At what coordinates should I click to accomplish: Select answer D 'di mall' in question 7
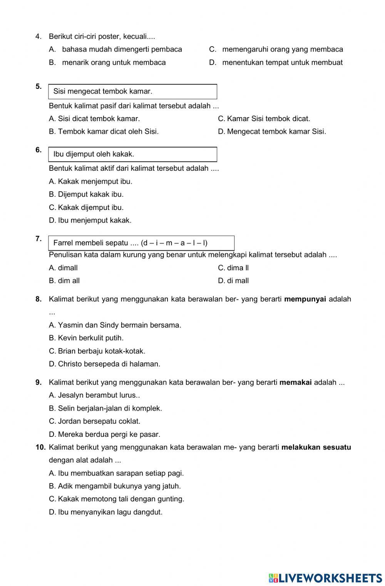click(x=233, y=281)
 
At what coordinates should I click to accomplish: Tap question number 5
click(x=38, y=87)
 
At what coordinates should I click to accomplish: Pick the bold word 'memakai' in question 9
click(x=295, y=383)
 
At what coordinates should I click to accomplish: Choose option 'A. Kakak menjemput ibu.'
click(x=90, y=181)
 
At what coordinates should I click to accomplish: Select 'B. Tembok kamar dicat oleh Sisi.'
click(x=104, y=132)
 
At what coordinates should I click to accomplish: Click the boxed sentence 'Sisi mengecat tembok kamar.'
click(x=103, y=92)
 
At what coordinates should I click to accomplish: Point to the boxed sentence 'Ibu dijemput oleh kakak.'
click(x=94, y=154)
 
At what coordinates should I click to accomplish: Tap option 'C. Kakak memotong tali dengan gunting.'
click(x=117, y=499)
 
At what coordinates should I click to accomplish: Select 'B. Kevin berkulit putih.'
click(x=86, y=338)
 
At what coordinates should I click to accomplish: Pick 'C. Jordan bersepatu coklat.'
click(x=95, y=421)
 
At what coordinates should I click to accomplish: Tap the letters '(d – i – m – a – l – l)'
click(x=174, y=243)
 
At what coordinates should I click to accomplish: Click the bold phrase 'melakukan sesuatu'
click(x=316, y=447)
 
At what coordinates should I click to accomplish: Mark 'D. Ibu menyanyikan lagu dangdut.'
click(x=105, y=512)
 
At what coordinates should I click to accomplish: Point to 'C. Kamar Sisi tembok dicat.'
click(x=264, y=119)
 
